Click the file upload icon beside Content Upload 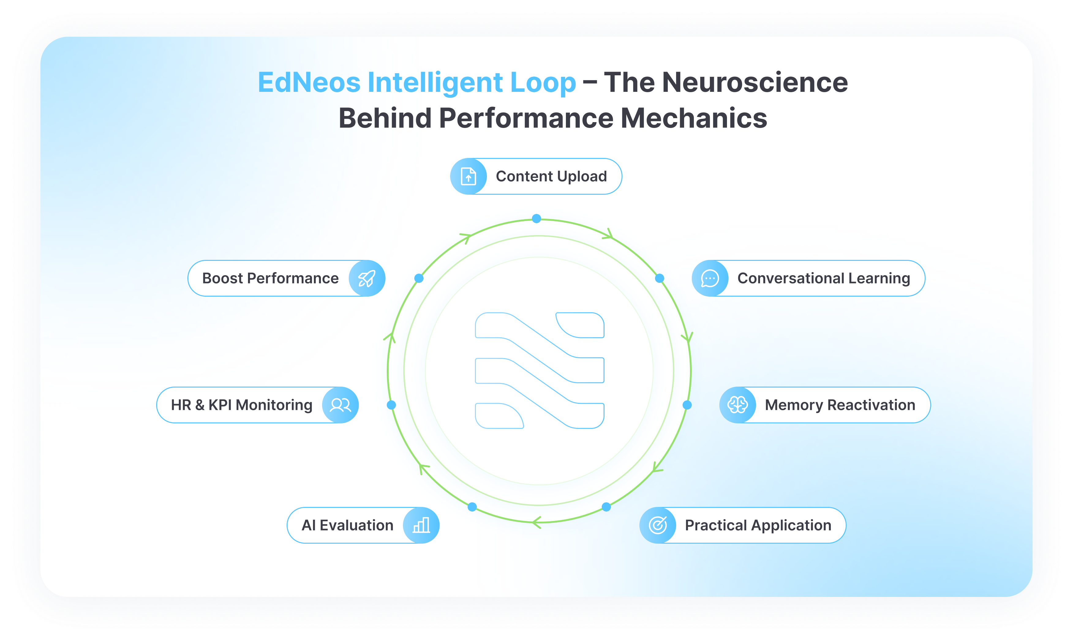[x=468, y=176]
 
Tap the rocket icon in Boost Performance [x=367, y=279]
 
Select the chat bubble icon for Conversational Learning [x=710, y=279]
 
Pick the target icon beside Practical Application [x=658, y=525]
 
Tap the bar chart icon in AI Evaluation [x=421, y=525]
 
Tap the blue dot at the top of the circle [x=536, y=219]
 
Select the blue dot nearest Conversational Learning [x=659, y=278]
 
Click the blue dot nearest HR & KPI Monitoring [x=391, y=405]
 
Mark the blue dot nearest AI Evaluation [x=472, y=507]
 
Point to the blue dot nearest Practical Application [x=607, y=507]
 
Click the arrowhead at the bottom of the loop [x=536, y=523]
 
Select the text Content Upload [x=551, y=176]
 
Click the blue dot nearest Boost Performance [x=419, y=278]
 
